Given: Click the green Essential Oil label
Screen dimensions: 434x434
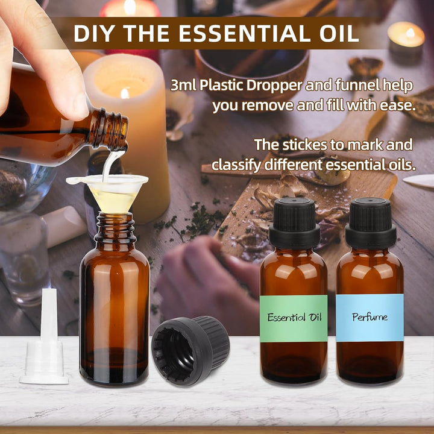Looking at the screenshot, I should click(x=294, y=318).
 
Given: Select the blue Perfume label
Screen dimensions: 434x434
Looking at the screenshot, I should click(x=370, y=317).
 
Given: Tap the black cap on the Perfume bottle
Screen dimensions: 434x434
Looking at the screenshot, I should click(x=369, y=222).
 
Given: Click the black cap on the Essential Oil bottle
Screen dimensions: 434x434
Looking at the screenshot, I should click(x=294, y=222).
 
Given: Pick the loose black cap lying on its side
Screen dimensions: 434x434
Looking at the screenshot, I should click(x=190, y=350).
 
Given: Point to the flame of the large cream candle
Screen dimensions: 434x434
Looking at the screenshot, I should click(x=125, y=93).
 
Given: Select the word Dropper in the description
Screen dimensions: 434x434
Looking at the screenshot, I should click(x=280, y=86).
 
